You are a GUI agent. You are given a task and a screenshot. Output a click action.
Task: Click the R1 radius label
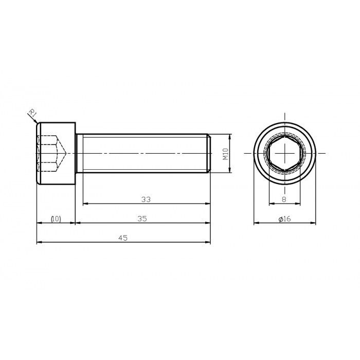point(31,113)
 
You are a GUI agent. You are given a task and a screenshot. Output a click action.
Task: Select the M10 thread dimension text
point(225,153)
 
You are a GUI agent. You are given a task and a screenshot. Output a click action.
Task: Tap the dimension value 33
point(146,199)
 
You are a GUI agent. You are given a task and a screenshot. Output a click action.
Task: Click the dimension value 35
point(142,218)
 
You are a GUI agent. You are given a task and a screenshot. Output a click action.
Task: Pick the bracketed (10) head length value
point(56,219)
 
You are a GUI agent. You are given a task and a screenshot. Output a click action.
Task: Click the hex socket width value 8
point(284,199)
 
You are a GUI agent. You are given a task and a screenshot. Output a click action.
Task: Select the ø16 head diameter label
point(284,219)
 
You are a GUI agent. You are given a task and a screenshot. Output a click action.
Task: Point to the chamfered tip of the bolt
point(209,153)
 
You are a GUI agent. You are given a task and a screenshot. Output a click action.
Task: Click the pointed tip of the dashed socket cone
point(65,153)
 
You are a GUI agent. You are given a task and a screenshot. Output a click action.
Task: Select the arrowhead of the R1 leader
point(37,122)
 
